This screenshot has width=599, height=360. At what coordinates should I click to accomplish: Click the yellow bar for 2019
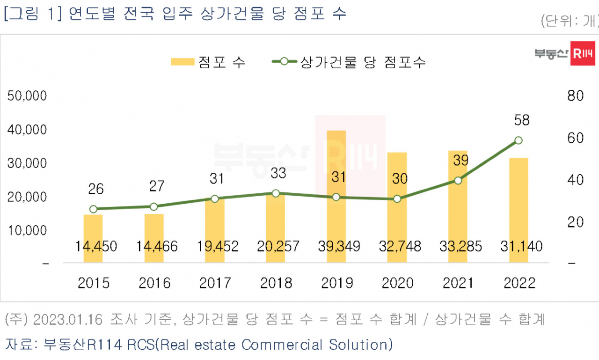point(336,196)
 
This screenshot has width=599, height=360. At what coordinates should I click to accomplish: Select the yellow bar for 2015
point(93,238)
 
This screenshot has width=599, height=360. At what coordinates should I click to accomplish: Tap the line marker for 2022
point(519,140)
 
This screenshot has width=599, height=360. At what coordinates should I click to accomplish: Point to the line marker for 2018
point(276,193)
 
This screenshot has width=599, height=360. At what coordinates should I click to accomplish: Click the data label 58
point(522,120)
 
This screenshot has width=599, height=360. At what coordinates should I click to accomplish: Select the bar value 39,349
point(339,246)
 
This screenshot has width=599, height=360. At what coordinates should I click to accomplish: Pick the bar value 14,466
point(157,246)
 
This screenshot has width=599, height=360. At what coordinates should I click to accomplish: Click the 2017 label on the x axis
point(215,283)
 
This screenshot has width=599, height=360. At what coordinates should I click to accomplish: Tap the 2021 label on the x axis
point(458,283)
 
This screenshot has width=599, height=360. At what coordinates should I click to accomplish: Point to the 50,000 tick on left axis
point(27,96)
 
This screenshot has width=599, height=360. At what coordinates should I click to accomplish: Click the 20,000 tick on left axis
point(27,197)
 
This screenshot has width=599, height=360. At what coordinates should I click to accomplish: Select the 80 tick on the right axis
point(576,96)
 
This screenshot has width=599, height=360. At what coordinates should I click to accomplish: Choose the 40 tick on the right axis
point(576,180)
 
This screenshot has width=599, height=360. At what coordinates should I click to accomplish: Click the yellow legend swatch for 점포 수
point(183,62)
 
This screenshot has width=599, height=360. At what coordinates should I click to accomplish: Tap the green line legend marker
point(284,61)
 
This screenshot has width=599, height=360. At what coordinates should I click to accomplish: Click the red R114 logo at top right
point(583,53)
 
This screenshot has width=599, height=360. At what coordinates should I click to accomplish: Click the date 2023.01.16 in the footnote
point(68,320)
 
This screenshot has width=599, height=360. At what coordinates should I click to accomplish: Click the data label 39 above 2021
point(461,161)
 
